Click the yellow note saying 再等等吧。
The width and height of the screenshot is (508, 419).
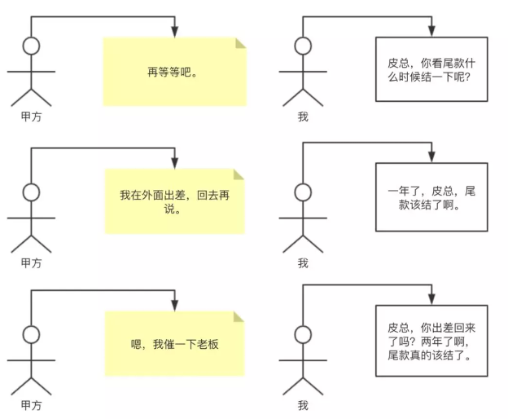pos(174,72)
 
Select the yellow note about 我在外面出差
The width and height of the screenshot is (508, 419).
pos(174,201)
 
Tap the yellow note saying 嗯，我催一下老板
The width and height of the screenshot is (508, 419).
pos(174,344)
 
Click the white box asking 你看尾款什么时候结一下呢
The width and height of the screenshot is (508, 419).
pos(431,68)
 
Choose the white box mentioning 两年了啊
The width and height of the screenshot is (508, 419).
pos(431,340)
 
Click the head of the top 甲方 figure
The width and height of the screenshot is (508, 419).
pos(31,46)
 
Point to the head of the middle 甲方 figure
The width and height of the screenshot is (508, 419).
pos(31,192)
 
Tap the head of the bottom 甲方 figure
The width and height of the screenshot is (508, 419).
pos(31,334)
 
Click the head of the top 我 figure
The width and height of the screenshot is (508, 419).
pos(303,46)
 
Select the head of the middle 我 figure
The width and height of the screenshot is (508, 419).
pos(303,192)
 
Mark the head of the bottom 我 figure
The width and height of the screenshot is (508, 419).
pos(303,334)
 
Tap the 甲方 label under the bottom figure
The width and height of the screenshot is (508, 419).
pos(31,405)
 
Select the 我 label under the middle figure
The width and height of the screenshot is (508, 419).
pos(303,262)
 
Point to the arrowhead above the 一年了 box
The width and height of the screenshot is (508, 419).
pos(431,157)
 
